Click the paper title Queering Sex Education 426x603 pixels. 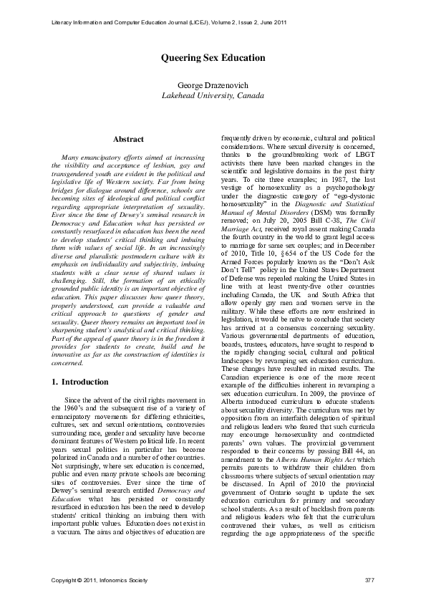213,57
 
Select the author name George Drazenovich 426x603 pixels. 213,85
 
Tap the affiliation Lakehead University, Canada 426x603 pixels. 213,95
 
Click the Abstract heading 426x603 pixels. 129,139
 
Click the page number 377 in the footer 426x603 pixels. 369,579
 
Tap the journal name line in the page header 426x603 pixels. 170,23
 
